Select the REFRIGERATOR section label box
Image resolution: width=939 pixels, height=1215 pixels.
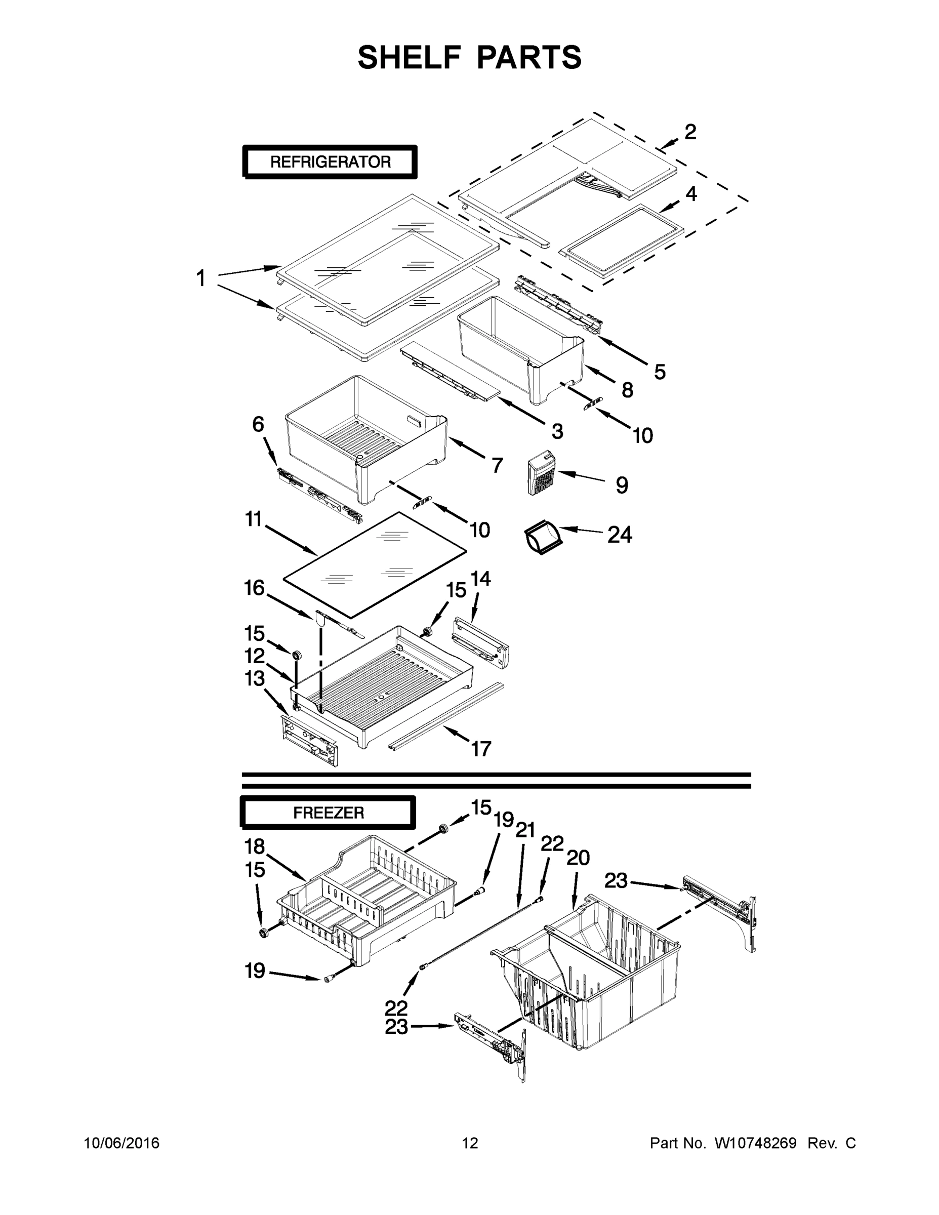pyautogui.click(x=330, y=162)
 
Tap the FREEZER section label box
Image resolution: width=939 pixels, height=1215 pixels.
pyautogui.click(x=328, y=813)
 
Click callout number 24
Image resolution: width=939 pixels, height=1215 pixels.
pyautogui.click(x=619, y=535)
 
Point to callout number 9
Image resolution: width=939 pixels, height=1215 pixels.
pyautogui.click(x=622, y=485)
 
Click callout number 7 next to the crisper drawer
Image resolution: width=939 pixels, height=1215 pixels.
pyautogui.click(x=497, y=465)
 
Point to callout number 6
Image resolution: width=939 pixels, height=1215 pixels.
pyautogui.click(x=258, y=424)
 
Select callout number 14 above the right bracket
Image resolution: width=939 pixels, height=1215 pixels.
pyautogui.click(x=480, y=579)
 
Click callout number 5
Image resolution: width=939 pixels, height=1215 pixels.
pyautogui.click(x=660, y=372)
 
